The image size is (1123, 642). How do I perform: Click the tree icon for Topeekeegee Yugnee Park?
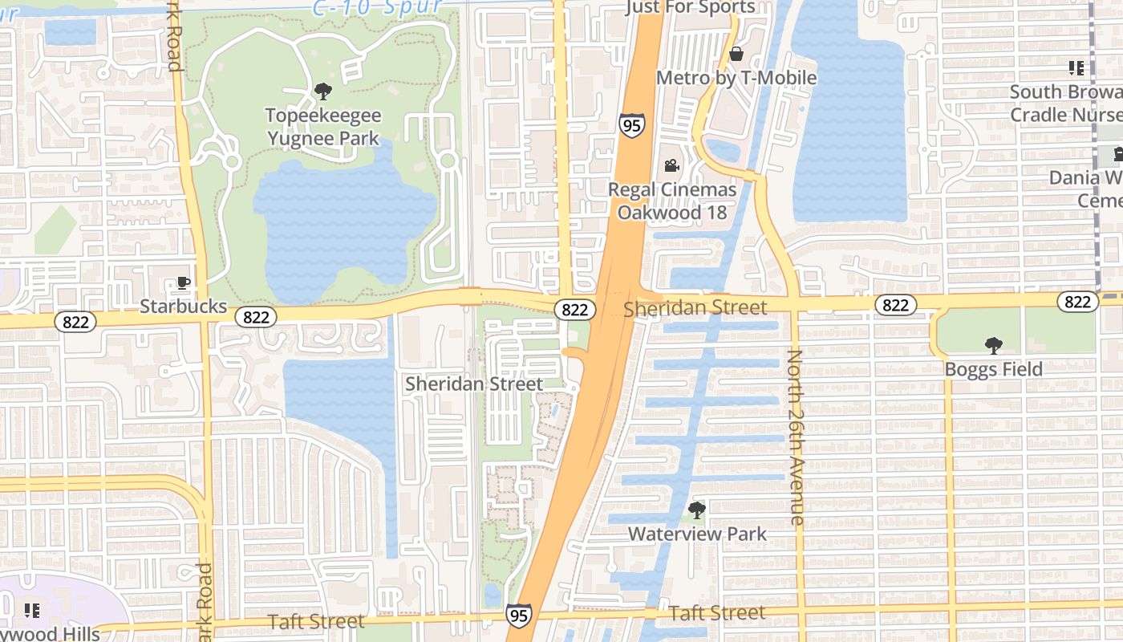pos(323,91)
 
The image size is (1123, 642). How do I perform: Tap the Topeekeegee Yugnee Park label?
pos(323,127)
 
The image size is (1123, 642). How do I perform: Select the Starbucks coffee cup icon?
pos(183,282)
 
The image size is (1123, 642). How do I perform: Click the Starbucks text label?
pos(183,307)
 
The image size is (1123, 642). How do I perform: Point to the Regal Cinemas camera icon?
pos(671,166)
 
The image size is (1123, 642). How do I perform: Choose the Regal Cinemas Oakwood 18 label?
pos(672,201)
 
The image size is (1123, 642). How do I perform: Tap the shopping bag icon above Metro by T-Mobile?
pos(736,54)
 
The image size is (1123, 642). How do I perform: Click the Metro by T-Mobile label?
pos(736,78)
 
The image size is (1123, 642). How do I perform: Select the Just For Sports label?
pos(691,8)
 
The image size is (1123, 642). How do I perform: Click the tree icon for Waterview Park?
pos(697,510)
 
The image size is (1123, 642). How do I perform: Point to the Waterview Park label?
pos(697,534)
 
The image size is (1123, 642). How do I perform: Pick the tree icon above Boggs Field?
pos(993,346)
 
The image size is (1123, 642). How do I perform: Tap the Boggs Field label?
pos(993,369)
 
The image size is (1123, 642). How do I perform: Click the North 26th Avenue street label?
pos(796,437)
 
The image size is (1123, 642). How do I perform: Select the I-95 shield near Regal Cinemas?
pos(631,125)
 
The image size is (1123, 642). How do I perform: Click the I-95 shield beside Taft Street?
pos(519,616)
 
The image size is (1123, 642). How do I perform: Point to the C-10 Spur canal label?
pos(377,8)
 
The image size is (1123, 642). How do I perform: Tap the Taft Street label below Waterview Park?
pos(716,613)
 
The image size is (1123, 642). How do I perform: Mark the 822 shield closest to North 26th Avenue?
pos(894,305)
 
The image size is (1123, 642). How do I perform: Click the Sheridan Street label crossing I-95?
pos(695,307)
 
